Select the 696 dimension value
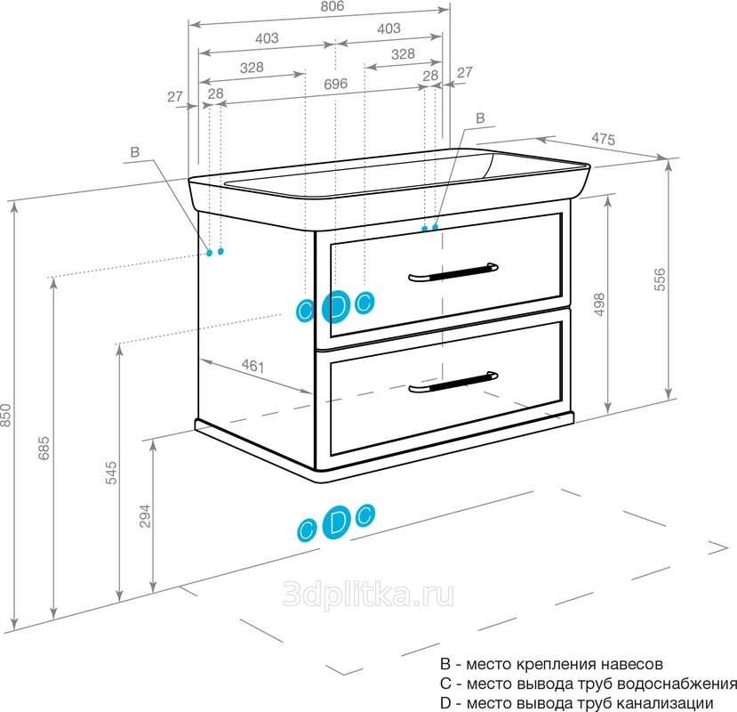334,85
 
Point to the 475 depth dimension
604,139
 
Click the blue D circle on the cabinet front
335,306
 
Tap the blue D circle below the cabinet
337,522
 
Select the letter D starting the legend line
445,703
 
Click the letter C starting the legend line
445,684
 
